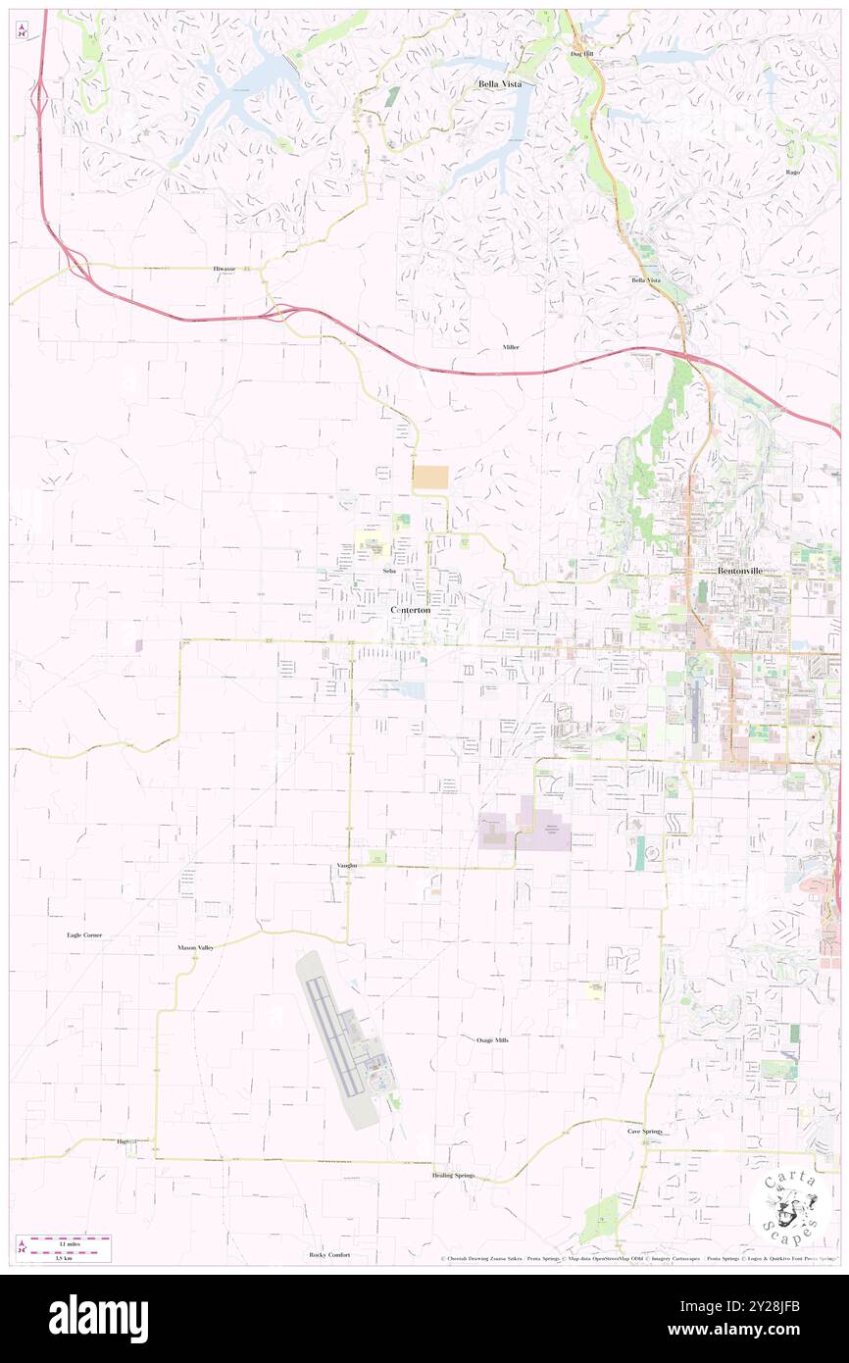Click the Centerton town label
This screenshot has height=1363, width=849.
coord(410,610)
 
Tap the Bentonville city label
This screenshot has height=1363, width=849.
coord(740,570)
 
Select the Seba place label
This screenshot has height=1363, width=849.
coord(389,570)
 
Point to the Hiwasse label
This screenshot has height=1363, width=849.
coord(225,268)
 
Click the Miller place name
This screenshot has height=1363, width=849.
coord(511,347)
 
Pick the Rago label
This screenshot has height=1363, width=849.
coord(793,172)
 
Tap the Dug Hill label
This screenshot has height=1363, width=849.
coord(582,54)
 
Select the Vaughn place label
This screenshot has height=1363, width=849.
coord(345,866)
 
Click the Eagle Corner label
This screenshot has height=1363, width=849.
coord(84,935)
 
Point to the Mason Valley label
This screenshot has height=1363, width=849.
coord(195,948)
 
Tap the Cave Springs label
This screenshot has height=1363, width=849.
coord(645,1131)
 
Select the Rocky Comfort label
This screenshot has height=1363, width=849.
coord(329,1255)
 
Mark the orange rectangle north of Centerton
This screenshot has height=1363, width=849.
coord(430,478)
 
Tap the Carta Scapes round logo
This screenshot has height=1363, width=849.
coord(790,1205)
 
